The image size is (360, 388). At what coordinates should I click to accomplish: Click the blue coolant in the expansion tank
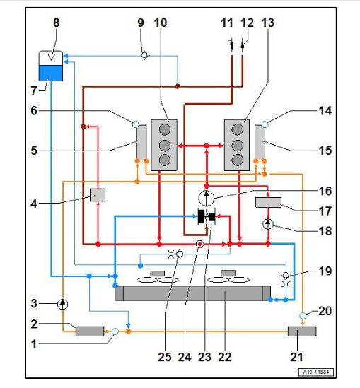pos(51,73)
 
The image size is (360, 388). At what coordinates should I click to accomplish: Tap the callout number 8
pos(57,23)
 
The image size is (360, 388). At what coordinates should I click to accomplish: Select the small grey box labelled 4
pos(98,195)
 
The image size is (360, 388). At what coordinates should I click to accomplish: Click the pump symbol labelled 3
pos(63,304)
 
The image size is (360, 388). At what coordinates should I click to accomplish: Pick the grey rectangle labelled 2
pos(90,331)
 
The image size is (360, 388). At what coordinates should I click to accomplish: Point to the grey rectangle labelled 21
pos(302,331)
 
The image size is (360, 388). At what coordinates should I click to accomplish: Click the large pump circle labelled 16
pos(207,198)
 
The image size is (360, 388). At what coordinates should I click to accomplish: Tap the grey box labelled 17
pos(268,202)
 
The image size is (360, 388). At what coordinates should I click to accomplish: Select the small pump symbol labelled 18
pos(268,224)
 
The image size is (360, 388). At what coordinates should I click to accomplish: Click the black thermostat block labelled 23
pos(207,217)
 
